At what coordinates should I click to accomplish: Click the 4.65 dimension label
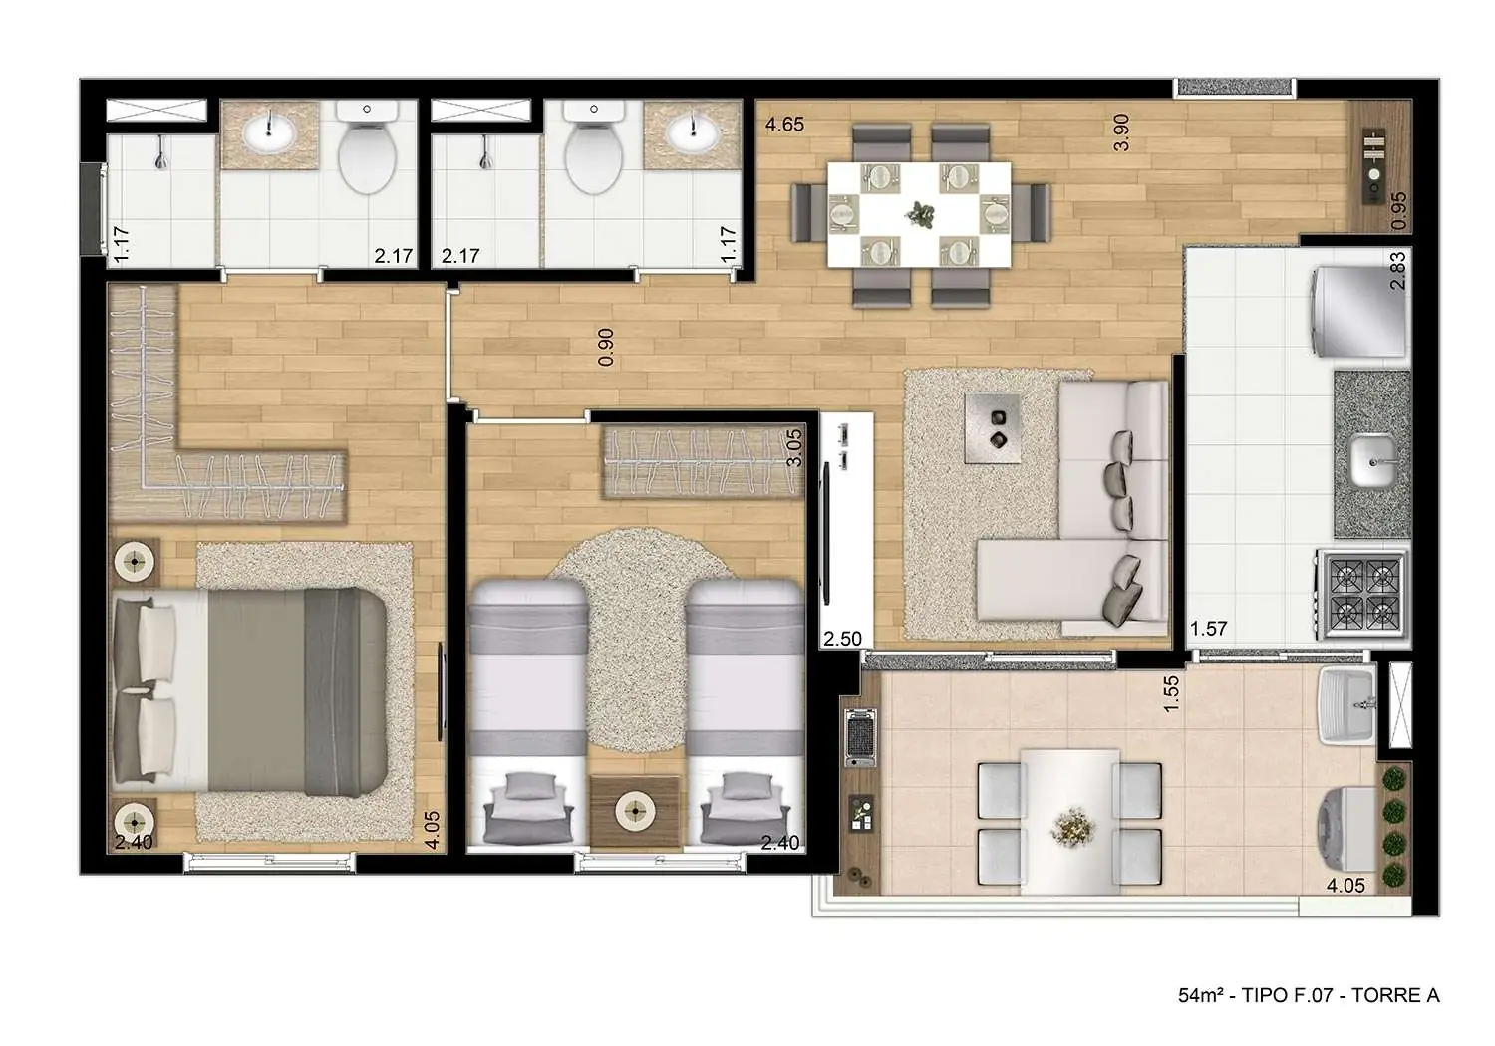784,126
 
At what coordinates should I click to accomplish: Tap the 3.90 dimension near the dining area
1121,131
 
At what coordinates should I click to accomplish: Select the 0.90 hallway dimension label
606,347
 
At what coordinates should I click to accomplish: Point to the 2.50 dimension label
842,639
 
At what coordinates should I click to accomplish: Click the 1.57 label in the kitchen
1208,629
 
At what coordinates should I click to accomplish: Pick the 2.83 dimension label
1397,270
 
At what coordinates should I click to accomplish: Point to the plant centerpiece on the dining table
918,212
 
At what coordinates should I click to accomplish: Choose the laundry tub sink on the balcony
1347,705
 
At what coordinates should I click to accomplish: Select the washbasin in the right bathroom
692,131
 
